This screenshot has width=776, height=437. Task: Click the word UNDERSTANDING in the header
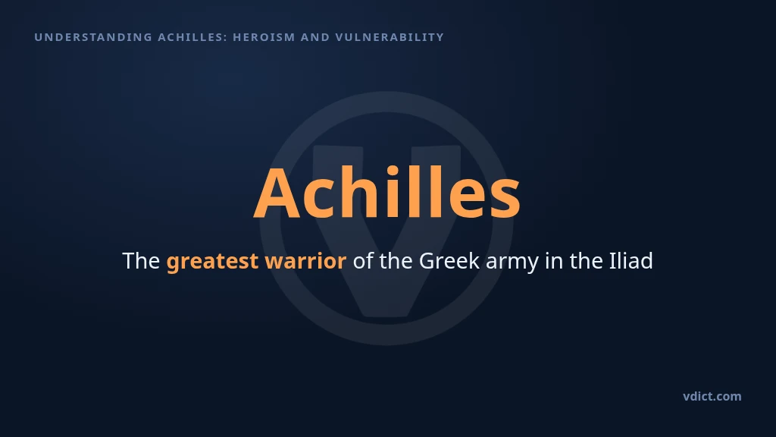click(93, 37)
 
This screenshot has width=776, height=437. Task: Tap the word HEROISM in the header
click(264, 37)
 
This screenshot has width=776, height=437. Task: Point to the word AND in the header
click(315, 37)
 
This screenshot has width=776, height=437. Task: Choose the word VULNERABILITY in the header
click(390, 37)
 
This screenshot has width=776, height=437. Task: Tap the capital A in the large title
click(277, 193)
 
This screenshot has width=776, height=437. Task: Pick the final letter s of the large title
click(505, 200)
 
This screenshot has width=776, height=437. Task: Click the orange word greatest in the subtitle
click(212, 262)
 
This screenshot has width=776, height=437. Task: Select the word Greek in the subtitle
click(449, 261)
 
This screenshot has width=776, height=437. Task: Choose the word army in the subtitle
click(512, 263)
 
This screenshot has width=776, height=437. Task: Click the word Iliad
click(631, 261)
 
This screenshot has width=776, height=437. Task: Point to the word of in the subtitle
click(363, 261)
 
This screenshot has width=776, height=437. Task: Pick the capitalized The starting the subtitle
click(141, 261)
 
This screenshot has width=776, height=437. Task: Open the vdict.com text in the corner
click(712, 396)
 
